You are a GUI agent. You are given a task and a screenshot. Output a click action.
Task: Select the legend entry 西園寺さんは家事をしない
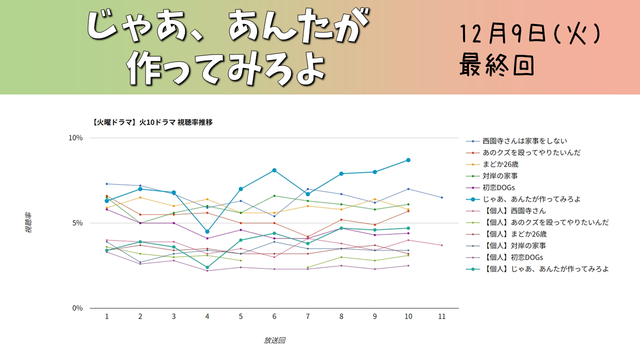click(x=524, y=141)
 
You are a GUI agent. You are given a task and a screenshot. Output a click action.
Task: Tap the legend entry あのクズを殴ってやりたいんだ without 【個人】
click(x=531, y=152)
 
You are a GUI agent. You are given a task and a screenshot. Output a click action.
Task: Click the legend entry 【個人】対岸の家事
click(x=514, y=245)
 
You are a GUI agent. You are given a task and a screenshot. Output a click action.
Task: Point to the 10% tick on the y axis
click(x=75, y=138)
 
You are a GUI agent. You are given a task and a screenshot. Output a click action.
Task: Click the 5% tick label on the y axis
click(x=77, y=223)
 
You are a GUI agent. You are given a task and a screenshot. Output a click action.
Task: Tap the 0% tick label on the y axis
click(x=77, y=308)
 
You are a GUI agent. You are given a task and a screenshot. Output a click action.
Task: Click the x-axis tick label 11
click(x=441, y=316)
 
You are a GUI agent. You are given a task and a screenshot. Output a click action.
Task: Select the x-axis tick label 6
click(x=274, y=316)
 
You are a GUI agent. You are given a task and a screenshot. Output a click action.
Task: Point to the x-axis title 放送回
click(x=274, y=340)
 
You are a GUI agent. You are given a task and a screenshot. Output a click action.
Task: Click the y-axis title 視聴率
click(x=28, y=223)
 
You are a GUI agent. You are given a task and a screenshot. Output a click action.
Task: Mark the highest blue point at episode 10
click(x=408, y=160)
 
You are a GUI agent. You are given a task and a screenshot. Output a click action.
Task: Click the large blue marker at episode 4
click(x=207, y=231)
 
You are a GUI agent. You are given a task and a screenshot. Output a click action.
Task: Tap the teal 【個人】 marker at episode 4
click(x=207, y=267)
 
